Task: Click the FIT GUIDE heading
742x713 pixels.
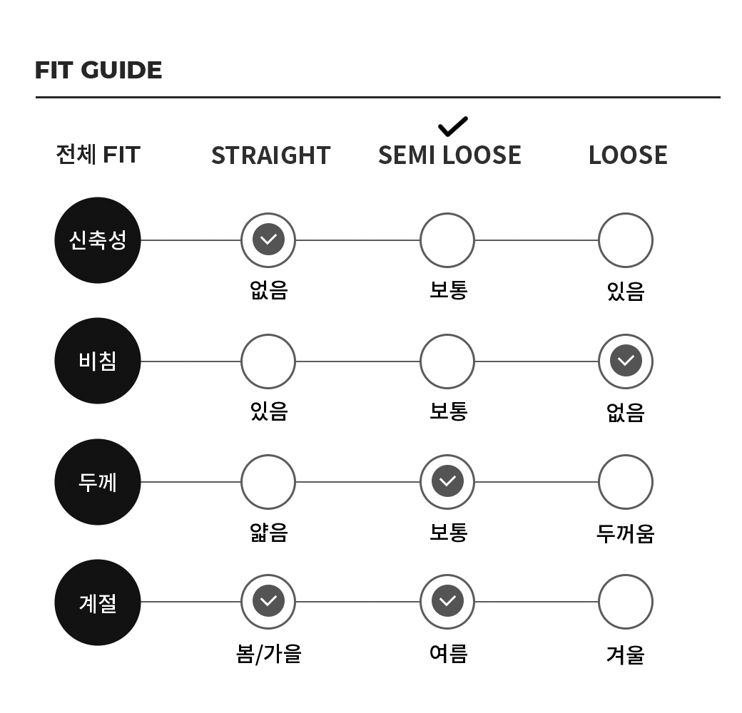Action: pos(98,70)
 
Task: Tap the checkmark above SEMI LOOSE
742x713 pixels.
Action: pos(453,126)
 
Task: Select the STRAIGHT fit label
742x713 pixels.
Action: pos(270,155)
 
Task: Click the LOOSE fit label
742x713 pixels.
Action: pos(628,155)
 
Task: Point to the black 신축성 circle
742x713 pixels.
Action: pos(98,240)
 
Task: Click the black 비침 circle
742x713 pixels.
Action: pos(98,361)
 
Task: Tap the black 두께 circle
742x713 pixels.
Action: pos(98,482)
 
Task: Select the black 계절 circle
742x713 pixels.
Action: pos(98,602)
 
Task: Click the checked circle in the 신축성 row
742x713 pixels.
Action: pos(268,240)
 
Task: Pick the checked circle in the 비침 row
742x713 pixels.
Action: pos(626,361)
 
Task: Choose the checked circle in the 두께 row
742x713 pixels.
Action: pos(447,482)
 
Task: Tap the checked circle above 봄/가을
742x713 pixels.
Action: pos(268,602)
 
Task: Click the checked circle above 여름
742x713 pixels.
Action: pos(447,602)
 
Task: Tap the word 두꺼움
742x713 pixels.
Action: pos(626,533)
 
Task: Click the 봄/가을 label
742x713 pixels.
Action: pos(269,655)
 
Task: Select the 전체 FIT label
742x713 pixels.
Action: pos(98,154)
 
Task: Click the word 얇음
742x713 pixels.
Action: pos(269,533)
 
